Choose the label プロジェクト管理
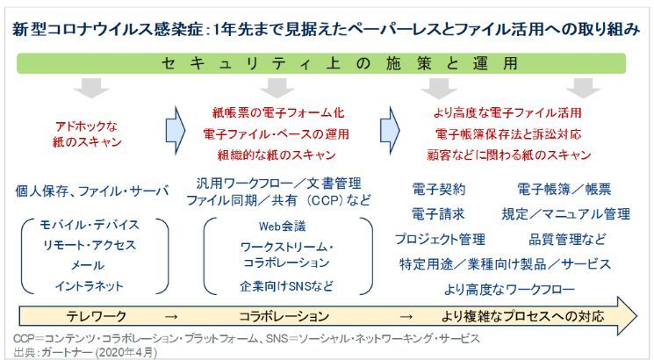[442, 238]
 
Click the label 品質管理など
[565, 238]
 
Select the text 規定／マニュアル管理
[565, 213]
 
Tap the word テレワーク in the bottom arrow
[97, 316]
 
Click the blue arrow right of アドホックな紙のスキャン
[176, 125]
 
